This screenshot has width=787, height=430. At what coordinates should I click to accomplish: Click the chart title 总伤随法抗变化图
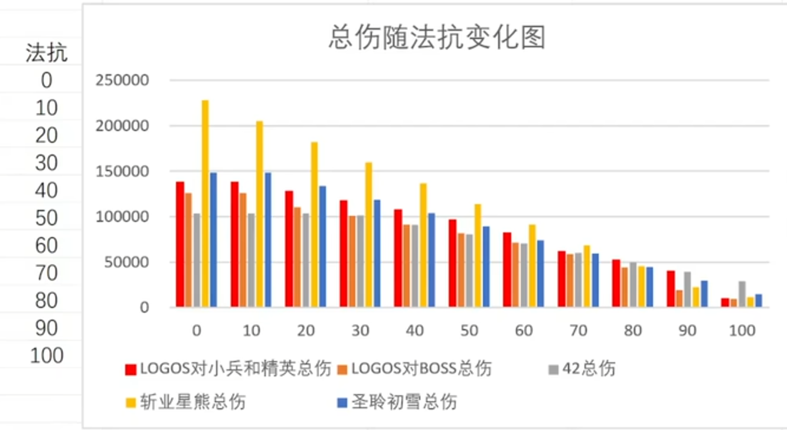coord(436,38)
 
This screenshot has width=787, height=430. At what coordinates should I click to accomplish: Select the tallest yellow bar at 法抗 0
coord(205,203)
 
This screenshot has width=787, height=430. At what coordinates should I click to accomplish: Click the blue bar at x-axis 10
coord(268,239)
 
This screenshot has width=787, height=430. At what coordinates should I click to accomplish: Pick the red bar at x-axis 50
coord(452,263)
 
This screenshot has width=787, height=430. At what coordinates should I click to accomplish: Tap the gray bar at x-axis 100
coord(742,294)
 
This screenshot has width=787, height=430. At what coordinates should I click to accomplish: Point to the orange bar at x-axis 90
coord(679,298)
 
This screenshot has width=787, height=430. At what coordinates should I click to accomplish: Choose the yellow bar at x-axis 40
coord(423,245)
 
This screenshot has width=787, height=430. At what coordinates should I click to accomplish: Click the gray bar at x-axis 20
coord(306,260)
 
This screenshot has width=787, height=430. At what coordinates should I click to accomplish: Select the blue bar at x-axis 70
coord(595,280)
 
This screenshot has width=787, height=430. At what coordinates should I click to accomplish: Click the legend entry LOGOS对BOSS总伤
coord(420,369)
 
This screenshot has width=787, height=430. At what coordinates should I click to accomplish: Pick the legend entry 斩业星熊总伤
coord(192,402)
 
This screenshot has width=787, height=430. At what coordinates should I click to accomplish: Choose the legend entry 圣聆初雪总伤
coord(404,402)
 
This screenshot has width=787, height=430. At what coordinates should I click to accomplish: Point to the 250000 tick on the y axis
coord(122,80)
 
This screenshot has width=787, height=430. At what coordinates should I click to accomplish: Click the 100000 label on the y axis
coord(122,216)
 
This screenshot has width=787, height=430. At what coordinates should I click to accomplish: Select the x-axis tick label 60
coord(524,330)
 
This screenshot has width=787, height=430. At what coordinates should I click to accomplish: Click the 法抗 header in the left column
coord(47,54)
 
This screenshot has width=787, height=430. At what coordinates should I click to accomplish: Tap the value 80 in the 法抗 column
coord(46,301)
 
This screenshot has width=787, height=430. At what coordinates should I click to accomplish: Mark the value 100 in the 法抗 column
coord(46,356)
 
